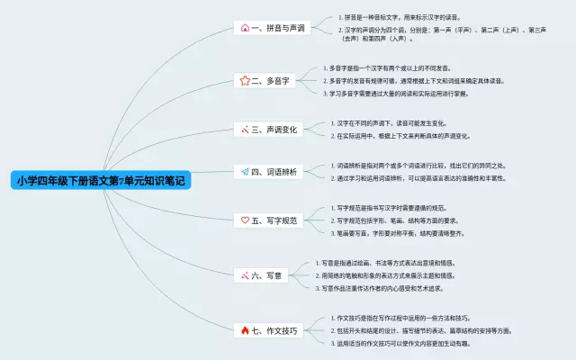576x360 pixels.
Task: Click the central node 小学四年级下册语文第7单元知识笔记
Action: pos(103,180)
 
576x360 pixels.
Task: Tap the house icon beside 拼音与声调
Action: pos(245,28)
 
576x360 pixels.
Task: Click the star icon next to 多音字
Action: pos(245,80)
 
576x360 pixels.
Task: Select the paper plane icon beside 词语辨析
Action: pos(245,171)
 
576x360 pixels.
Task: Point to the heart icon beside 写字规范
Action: pos(245,220)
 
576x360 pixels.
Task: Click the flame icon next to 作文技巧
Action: pos(245,330)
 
